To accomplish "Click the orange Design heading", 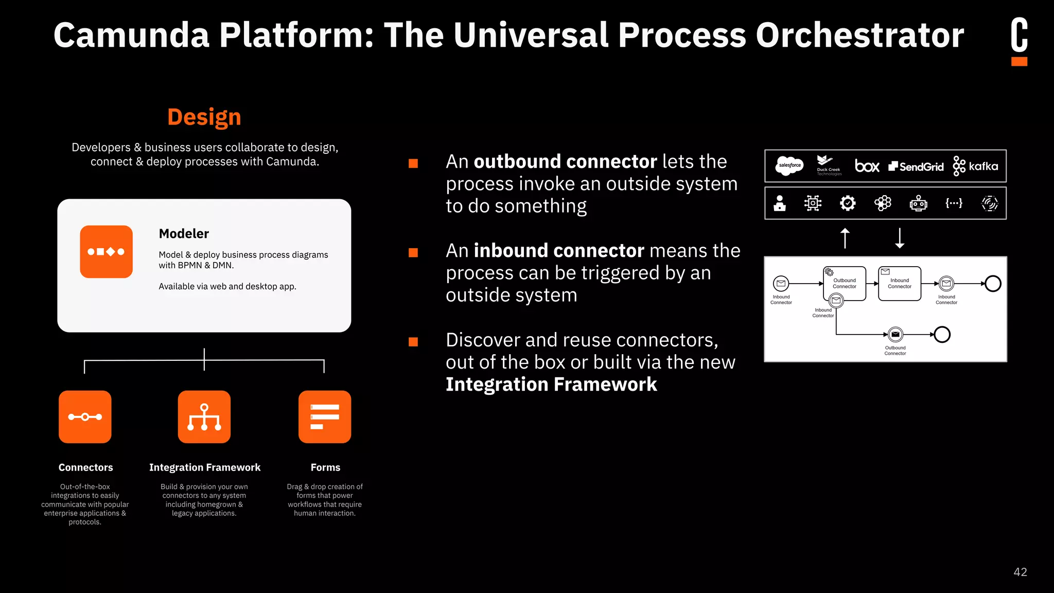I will [204, 117].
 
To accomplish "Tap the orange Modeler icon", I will [106, 252].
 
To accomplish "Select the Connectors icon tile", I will [85, 417].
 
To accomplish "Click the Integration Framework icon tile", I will [204, 417].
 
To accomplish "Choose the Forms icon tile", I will [325, 417].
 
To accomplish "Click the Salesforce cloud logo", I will [789, 166].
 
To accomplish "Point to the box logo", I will [867, 166].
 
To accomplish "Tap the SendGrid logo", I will [916, 166].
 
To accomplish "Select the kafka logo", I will [975, 166].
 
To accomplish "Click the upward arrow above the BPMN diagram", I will [845, 238].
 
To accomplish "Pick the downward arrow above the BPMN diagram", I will [900, 238].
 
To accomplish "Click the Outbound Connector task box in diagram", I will [845, 284].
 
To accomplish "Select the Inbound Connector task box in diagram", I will [900, 284].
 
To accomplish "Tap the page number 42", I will [1020, 572].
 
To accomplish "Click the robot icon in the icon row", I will [918, 203].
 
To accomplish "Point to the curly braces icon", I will [954, 203].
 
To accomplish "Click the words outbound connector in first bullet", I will [565, 162].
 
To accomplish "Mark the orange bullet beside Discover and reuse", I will [413, 342].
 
